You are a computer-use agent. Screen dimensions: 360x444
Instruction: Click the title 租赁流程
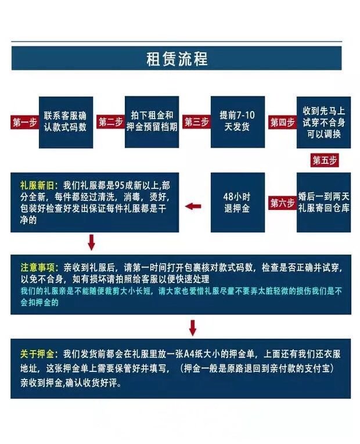177,59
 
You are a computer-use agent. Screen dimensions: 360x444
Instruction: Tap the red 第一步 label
24,122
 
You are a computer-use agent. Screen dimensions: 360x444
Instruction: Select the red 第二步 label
110,122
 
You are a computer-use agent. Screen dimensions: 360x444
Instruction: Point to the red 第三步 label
196,122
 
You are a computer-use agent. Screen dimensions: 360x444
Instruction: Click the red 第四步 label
282,122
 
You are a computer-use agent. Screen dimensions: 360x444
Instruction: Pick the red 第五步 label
325,160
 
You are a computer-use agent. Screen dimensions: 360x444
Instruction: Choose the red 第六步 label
282,203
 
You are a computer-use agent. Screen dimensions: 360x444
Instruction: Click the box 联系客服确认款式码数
66,121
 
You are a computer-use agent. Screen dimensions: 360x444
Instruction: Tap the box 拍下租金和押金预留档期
152,121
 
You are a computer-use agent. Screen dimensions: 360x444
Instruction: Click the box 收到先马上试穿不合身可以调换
324,121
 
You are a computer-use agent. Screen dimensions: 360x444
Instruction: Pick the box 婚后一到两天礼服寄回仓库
324,202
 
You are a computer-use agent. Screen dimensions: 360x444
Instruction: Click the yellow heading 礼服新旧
39,184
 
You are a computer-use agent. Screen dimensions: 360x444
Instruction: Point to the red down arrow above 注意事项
91,242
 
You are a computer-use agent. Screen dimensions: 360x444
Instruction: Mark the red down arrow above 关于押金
193,328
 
